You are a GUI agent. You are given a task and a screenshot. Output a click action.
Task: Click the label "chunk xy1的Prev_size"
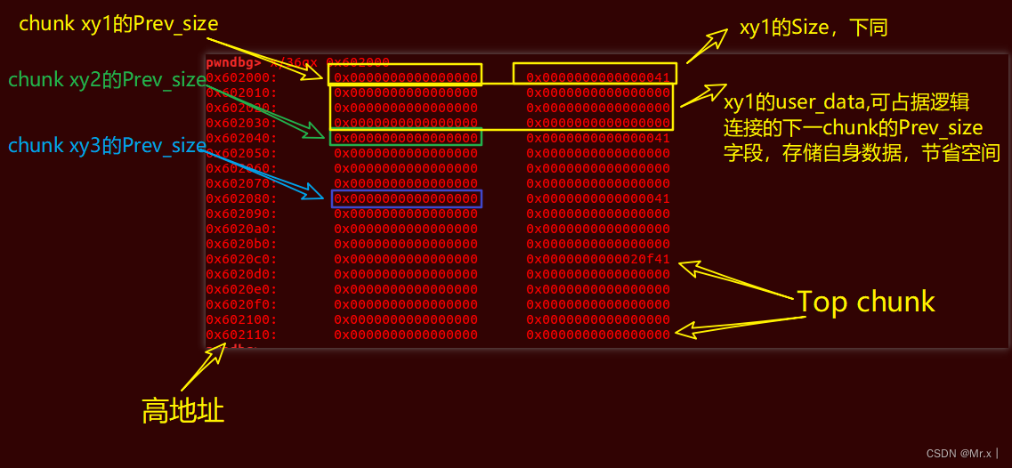point(118,24)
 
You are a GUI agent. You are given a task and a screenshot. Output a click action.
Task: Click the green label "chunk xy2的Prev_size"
point(107,79)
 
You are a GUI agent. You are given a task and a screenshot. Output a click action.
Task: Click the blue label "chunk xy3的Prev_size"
point(107,145)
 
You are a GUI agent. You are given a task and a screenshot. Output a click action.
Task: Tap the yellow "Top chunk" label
point(865,302)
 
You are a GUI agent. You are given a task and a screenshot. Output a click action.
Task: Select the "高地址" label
point(182,410)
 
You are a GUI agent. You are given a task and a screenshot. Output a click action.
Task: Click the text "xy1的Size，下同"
point(814,28)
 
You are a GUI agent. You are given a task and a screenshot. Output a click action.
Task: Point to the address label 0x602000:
point(241,77)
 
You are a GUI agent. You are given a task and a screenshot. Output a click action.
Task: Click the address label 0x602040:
point(241,138)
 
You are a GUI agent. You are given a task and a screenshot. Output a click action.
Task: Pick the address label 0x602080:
point(241,198)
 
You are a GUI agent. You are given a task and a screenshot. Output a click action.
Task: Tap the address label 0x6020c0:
point(241,259)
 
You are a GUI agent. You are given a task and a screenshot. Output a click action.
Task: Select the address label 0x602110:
point(241,335)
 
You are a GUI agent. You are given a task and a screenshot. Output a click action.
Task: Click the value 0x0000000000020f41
point(597,259)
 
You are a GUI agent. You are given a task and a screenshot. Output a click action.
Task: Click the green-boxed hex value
point(406,138)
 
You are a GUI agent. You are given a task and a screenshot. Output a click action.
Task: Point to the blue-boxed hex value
point(406,198)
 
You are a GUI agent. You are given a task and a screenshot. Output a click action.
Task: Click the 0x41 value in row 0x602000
point(597,77)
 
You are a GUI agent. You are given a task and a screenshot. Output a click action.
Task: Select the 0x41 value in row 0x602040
point(597,138)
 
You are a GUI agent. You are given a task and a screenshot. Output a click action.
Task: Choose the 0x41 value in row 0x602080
point(597,198)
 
